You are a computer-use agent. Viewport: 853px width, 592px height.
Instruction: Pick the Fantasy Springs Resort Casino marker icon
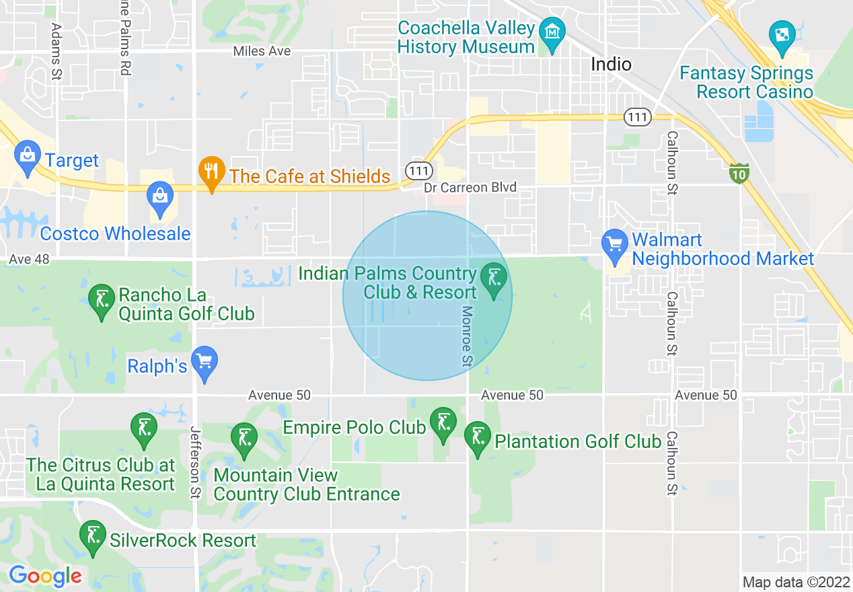(782, 35)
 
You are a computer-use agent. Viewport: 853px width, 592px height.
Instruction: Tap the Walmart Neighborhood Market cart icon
(614, 244)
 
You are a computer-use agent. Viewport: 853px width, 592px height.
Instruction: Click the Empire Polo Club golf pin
(443, 423)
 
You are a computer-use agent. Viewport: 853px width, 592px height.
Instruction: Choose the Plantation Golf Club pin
(478, 437)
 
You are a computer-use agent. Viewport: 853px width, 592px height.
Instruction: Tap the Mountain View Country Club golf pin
(244, 438)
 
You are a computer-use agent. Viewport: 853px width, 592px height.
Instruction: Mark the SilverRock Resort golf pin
(92, 537)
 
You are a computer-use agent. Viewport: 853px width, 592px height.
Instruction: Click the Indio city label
(611, 65)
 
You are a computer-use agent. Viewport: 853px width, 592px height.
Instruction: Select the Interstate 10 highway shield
(739, 174)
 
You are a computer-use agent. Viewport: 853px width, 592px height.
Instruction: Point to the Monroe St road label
(468, 336)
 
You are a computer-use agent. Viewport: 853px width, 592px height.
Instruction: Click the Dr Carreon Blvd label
(470, 187)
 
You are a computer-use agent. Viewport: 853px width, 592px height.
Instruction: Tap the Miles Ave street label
(262, 51)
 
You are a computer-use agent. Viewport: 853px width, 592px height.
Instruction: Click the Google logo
(45, 577)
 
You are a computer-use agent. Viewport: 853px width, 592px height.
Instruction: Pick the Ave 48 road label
(30, 259)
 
